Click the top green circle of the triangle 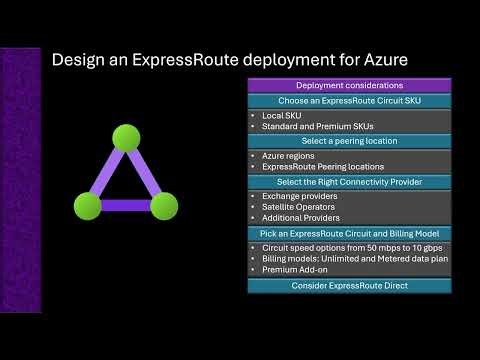125,137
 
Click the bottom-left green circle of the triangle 87,206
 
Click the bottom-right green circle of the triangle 164,206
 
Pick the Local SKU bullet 280,116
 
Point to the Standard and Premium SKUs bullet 309,127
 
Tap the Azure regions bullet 290,157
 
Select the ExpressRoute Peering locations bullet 320,168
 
